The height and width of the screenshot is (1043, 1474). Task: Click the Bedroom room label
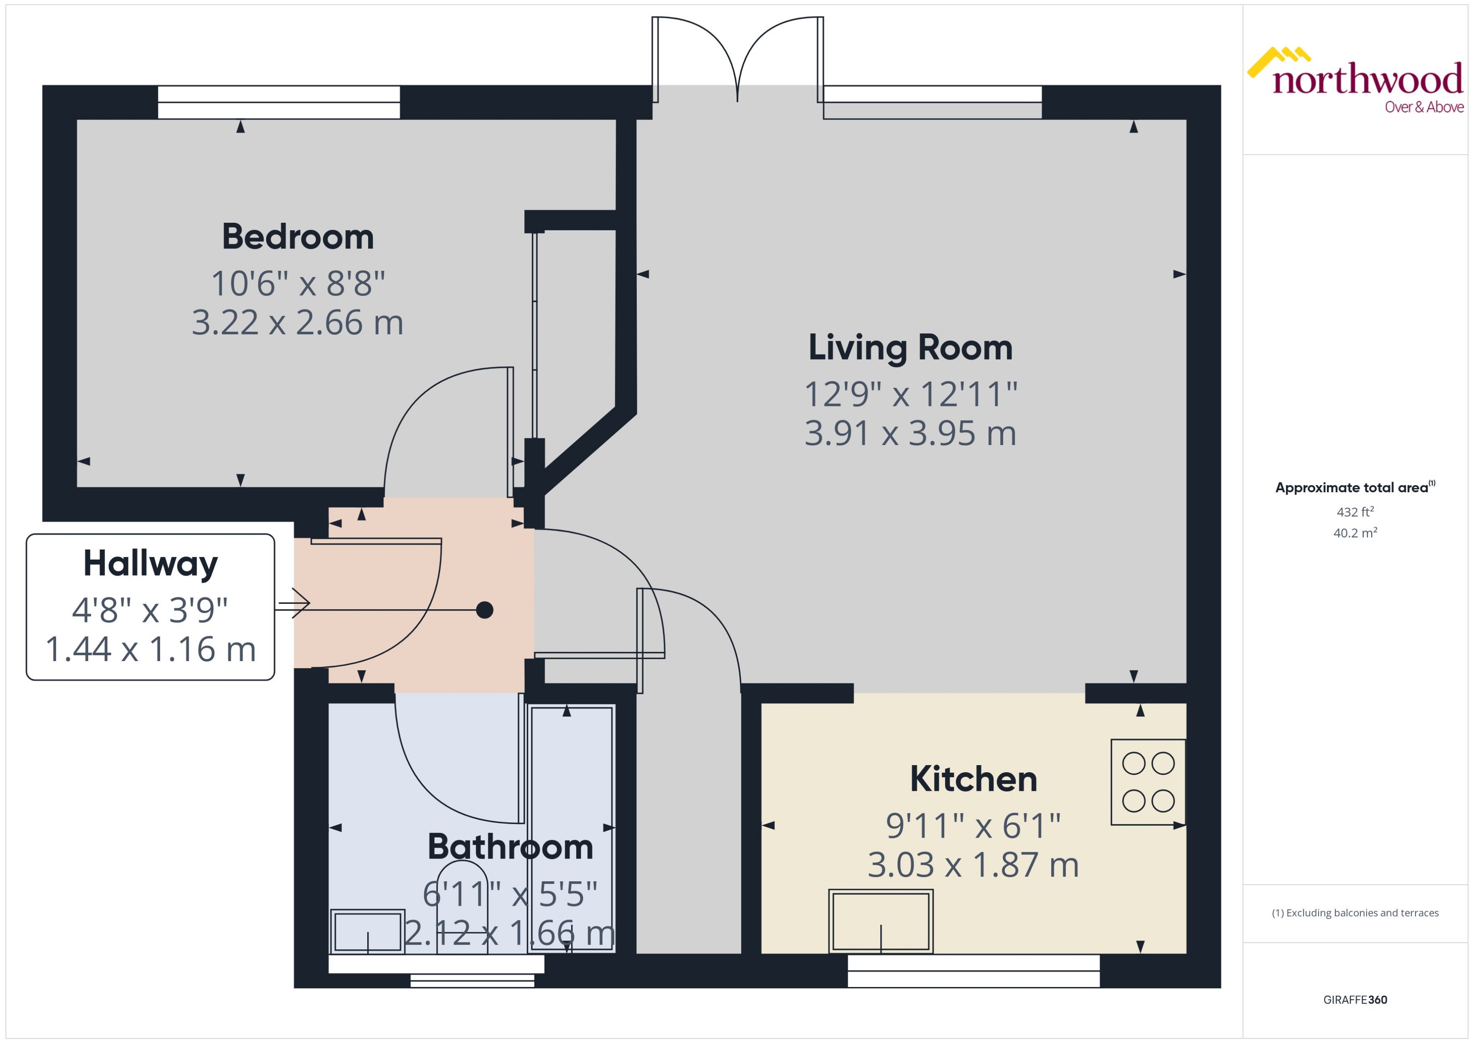click(x=297, y=237)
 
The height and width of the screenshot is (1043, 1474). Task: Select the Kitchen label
click(x=973, y=779)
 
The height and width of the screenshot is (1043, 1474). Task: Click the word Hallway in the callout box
click(x=150, y=564)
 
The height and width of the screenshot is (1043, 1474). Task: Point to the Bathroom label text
click(x=510, y=846)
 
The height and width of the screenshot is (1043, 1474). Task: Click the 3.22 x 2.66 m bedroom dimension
click(x=297, y=323)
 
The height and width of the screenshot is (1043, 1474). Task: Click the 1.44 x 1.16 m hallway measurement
click(x=150, y=649)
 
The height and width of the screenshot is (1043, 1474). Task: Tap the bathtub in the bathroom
click(x=571, y=829)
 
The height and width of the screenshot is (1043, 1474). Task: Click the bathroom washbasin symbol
click(x=367, y=931)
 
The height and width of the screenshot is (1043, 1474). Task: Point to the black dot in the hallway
click(x=484, y=609)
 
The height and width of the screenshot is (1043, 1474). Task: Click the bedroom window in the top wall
click(x=279, y=102)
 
